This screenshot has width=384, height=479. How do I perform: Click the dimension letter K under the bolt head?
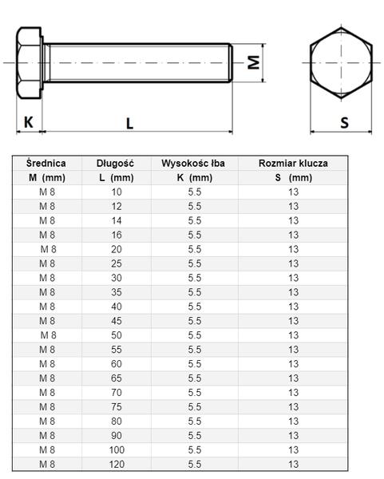click(29, 122)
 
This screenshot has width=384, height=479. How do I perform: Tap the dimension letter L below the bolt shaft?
click(130, 124)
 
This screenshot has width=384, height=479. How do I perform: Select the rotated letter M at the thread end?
click(254, 62)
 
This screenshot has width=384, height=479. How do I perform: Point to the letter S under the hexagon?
click(345, 122)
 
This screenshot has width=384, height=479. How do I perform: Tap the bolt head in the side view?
click(29, 63)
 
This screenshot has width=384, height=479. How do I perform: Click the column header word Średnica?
click(46, 163)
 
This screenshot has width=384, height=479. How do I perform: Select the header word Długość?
click(115, 163)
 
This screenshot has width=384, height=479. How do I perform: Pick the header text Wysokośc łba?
click(193, 163)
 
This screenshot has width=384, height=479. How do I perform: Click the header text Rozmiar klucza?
click(293, 163)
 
